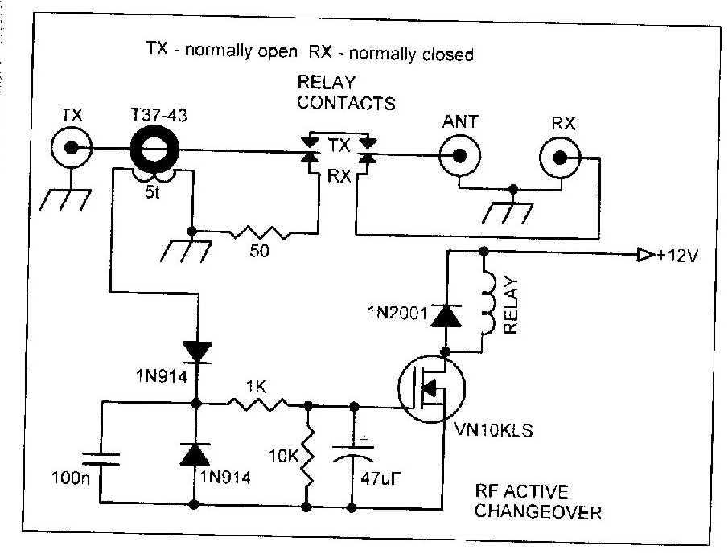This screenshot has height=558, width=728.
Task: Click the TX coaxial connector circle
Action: point(72,149)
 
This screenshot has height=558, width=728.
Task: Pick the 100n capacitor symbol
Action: point(102,459)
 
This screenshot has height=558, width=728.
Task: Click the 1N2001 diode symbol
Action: point(444,315)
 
